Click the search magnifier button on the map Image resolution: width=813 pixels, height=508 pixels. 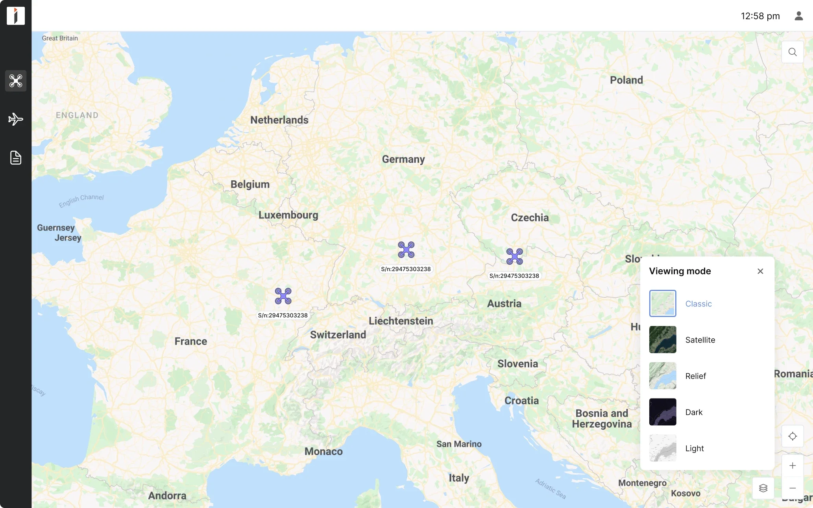792,52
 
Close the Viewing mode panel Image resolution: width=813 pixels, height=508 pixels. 760,271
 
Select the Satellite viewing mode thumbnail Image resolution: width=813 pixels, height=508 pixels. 663,339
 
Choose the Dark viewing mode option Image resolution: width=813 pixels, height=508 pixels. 693,412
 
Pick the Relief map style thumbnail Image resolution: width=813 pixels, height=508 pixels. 663,376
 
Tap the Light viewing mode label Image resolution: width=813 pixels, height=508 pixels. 694,449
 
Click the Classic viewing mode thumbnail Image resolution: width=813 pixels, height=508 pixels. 663,303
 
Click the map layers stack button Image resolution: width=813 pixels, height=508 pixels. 763,488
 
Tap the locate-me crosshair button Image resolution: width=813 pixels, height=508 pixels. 792,436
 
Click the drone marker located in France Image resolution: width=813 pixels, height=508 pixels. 283,296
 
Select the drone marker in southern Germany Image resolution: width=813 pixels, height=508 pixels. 406,250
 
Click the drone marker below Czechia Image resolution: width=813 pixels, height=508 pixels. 514,257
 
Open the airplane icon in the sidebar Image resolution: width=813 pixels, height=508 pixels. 16,119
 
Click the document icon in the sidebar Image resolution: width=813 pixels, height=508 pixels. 16,158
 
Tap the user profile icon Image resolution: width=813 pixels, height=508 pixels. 798,16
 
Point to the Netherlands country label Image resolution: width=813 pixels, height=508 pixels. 279,120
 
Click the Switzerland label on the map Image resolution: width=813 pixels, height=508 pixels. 338,335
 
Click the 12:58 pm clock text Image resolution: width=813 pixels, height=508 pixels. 760,16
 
